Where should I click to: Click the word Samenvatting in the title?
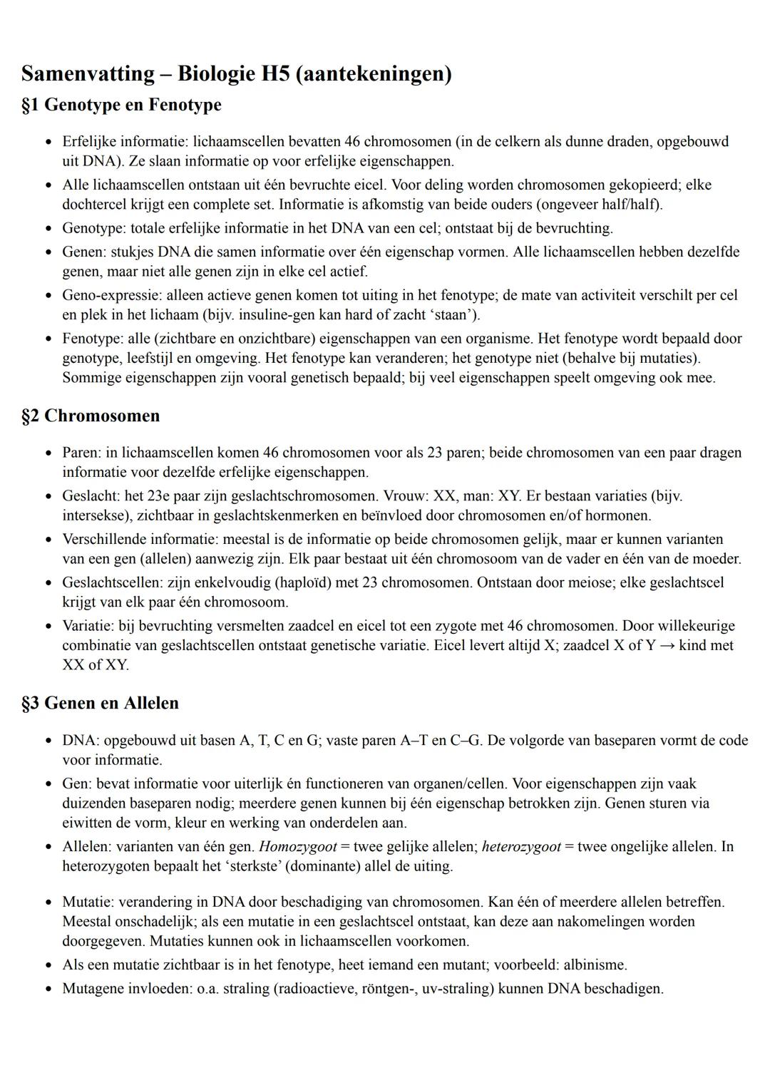coord(88,73)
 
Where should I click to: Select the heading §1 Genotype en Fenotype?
coord(121,105)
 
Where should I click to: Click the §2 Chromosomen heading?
coord(91,416)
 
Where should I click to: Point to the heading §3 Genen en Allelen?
coord(100,703)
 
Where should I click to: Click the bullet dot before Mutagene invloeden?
coord(48,989)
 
